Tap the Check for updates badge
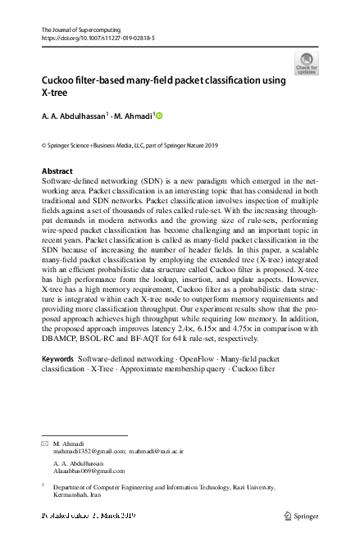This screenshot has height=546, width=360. click(x=307, y=63)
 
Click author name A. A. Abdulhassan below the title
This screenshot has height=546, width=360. click(x=75, y=117)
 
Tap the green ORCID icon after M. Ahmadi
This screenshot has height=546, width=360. click(x=159, y=116)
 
